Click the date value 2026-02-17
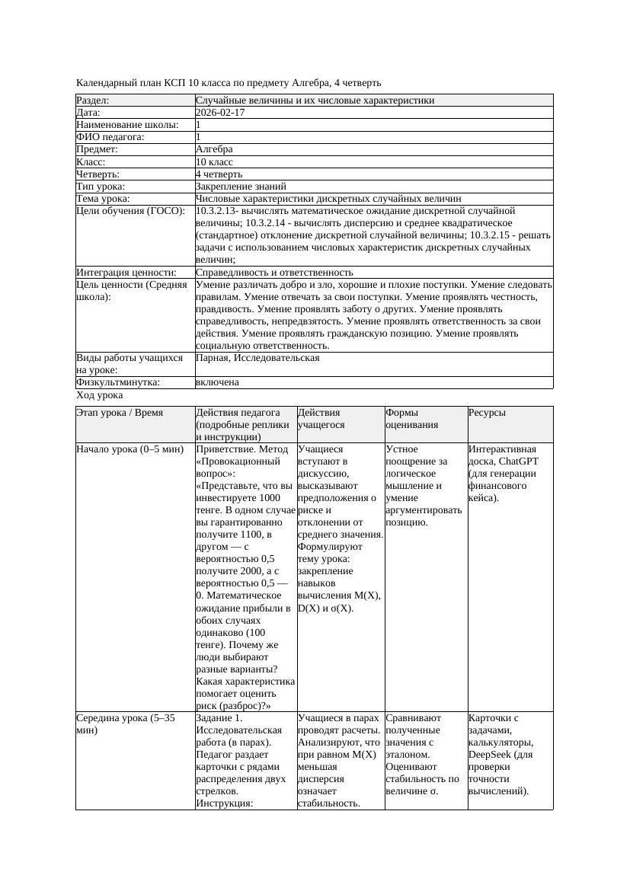click(x=220, y=112)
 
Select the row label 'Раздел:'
click(x=93, y=100)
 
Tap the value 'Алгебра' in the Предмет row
click(x=214, y=149)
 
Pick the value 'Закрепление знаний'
click(x=241, y=186)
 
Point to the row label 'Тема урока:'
click(x=103, y=198)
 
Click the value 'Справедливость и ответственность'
click(x=274, y=272)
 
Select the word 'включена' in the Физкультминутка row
click(x=217, y=382)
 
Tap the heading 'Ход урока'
click(x=99, y=395)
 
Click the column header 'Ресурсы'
click(x=488, y=412)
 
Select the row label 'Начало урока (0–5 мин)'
click(x=130, y=449)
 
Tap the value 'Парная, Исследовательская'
click(x=257, y=357)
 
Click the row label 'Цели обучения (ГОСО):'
click(x=130, y=210)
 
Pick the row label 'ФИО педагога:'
click(x=110, y=137)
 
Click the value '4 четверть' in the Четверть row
click(x=219, y=174)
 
